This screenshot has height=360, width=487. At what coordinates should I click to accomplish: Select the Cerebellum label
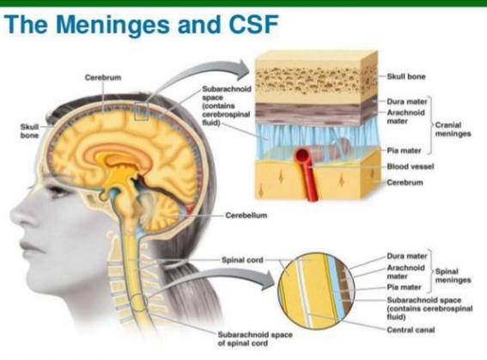[x=246, y=216]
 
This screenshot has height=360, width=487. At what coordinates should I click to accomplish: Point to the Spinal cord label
[x=242, y=259]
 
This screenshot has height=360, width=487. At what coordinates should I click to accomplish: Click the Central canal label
[x=411, y=330]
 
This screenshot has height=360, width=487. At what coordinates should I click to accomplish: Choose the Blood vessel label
[x=410, y=167]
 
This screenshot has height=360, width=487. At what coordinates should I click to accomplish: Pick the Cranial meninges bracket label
[x=453, y=129]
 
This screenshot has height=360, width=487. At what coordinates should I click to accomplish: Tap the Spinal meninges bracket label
[x=453, y=276]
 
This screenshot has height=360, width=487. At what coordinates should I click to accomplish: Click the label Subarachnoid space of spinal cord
[x=255, y=339]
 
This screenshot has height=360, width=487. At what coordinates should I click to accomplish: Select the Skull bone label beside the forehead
[x=29, y=131]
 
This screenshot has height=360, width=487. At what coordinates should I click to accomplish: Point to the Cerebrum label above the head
[x=103, y=77]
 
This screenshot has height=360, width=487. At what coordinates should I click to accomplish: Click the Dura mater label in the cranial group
[x=407, y=101]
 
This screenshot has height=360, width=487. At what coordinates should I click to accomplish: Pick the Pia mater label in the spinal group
[x=404, y=287]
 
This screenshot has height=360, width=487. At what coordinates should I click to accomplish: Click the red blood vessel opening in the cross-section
[x=301, y=156]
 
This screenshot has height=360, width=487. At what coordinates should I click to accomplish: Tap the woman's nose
[x=22, y=214]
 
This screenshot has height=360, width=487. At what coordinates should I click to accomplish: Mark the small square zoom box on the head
[x=142, y=112]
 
